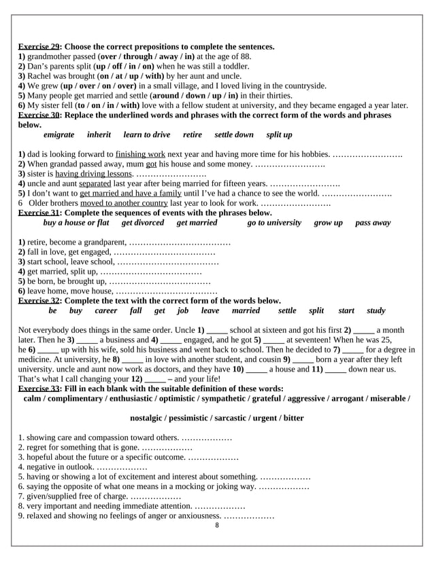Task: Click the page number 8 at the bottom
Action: [216, 525]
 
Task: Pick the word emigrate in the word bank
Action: [59, 135]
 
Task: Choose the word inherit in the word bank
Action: [99, 135]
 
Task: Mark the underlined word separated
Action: [95, 183]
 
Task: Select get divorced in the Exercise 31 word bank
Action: [143, 223]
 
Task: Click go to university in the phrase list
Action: [274, 223]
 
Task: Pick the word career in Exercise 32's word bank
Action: [106, 310]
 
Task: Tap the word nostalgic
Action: [150, 418]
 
